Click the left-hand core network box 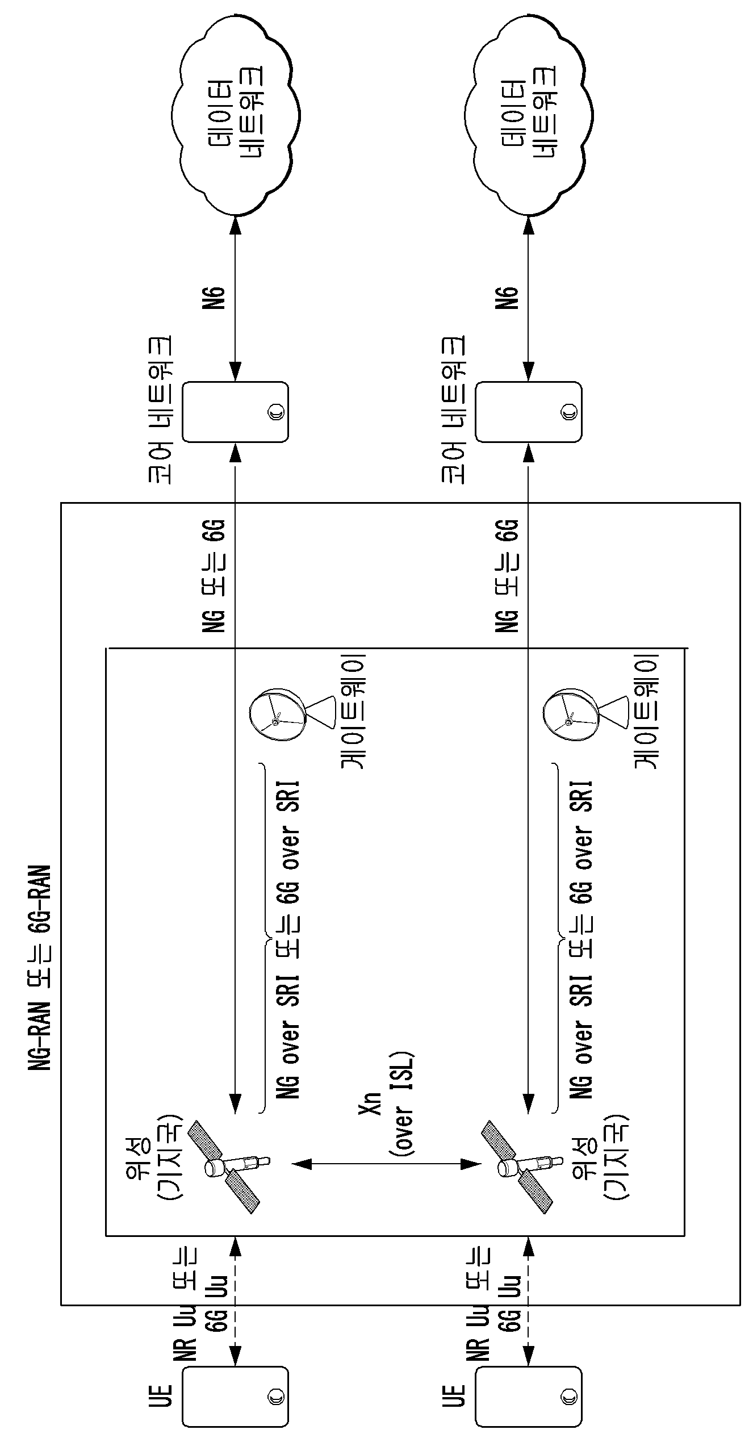(235, 412)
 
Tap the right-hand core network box (528, 412)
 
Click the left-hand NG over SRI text (287, 1040)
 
